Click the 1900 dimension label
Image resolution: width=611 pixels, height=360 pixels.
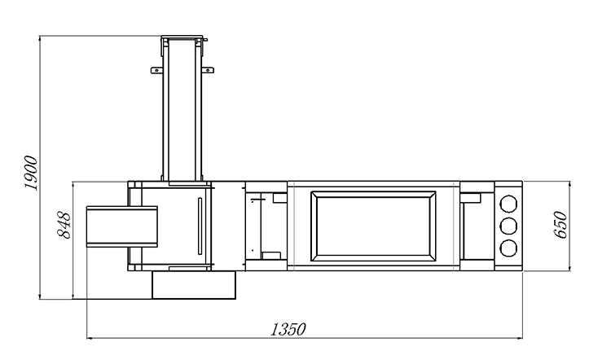click(30, 173)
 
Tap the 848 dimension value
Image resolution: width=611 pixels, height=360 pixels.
click(64, 225)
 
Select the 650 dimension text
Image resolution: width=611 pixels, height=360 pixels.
click(560, 225)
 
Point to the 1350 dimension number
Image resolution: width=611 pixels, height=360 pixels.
click(288, 330)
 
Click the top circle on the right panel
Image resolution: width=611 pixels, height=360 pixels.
click(508, 204)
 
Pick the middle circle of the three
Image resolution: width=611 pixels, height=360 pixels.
click(508, 226)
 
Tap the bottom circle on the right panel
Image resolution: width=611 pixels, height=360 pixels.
click(508, 248)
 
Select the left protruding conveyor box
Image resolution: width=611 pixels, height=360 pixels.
click(122, 226)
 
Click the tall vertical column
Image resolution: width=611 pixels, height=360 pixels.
click(182, 109)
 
